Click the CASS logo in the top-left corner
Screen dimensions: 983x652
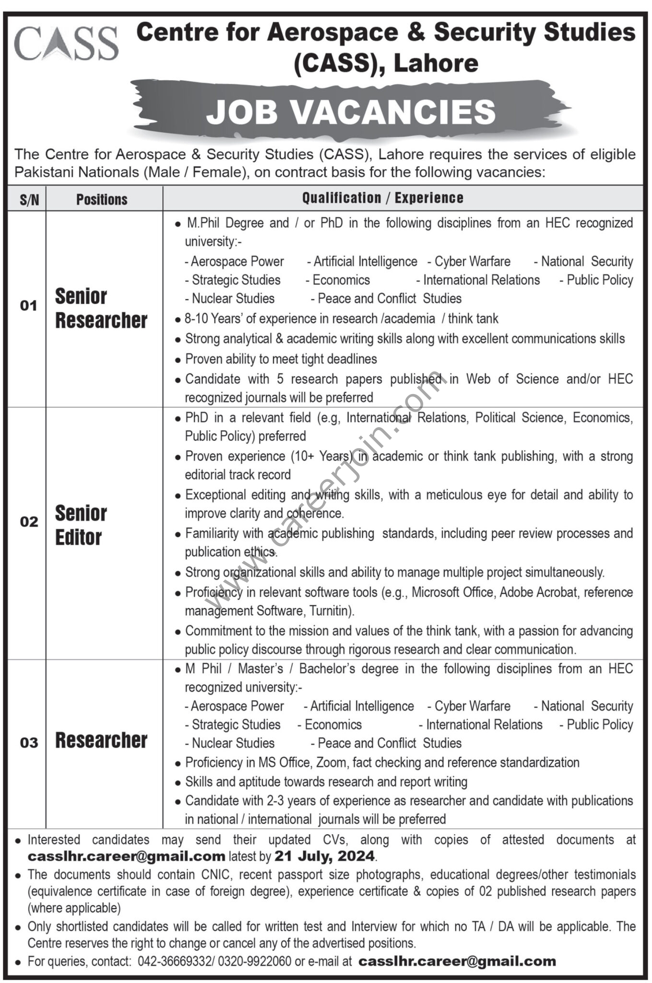click(x=66, y=44)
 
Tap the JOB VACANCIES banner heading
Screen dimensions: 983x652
click(x=351, y=111)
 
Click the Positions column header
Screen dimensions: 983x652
click(x=102, y=199)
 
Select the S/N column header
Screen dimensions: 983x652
click(x=29, y=200)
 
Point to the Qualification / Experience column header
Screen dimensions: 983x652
click(x=382, y=198)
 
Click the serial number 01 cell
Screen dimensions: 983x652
click(x=29, y=306)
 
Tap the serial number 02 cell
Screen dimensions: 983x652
click(x=29, y=522)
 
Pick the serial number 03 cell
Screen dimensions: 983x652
click(x=29, y=743)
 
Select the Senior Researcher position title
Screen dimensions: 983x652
click(x=101, y=308)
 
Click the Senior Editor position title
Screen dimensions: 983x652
click(x=81, y=525)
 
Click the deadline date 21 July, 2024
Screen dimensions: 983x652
click(x=324, y=856)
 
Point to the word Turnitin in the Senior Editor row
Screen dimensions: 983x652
click(x=331, y=611)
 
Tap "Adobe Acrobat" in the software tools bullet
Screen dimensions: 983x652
click(x=538, y=592)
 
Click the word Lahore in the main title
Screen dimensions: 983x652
click(x=436, y=63)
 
